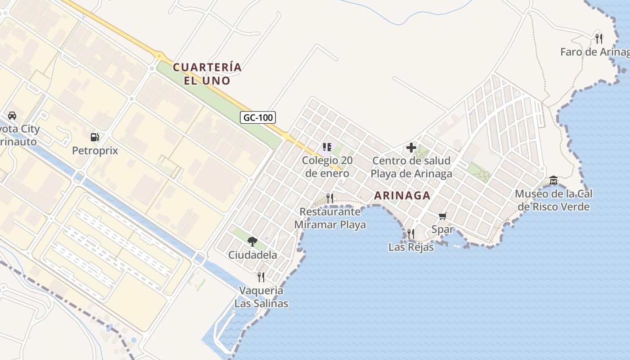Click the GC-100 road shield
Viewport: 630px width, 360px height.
pyautogui.click(x=258, y=118)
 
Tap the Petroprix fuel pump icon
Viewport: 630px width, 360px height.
pyautogui.click(x=94, y=137)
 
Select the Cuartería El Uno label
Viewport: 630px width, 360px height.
pyautogui.click(x=207, y=74)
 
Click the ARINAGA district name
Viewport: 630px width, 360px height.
pyautogui.click(x=402, y=196)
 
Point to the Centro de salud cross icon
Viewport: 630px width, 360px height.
pyautogui.click(x=411, y=147)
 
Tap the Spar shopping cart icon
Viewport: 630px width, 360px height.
pyautogui.click(x=442, y=216)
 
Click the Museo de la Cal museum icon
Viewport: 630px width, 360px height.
pyautogui.click(x=553, y=180)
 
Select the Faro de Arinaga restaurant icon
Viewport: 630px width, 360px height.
pyautogui.click(x=598, y=38)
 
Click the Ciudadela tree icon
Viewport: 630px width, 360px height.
pyautogui.click(x=252, y=242)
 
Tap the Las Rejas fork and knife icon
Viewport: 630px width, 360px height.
pyautogui.click(x=411, y=234)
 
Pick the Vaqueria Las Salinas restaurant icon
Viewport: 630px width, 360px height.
pyautogui.click(x=261, y=277)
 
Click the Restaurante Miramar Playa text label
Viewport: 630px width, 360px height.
pyautogui.click(x=330, y=218)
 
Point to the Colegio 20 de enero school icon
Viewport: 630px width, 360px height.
pyautogui.click(x=327, y=147)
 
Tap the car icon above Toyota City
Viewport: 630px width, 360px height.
pyautogui.click(x=12, y=116)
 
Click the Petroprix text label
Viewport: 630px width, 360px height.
pyautogui.click(x=95, y=151)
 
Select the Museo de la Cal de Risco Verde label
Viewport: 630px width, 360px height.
pyautogui.click(x=553, y=200)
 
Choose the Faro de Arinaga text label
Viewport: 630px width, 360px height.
pyautogui.click(x=594, y=52)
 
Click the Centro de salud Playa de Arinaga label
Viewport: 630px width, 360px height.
pyautogui.click(x=411, y=167)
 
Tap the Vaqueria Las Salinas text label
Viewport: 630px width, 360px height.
pyautogui.click(x=261, y=297)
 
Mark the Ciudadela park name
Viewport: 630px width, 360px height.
pyautogui.click(x=252, y=255)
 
